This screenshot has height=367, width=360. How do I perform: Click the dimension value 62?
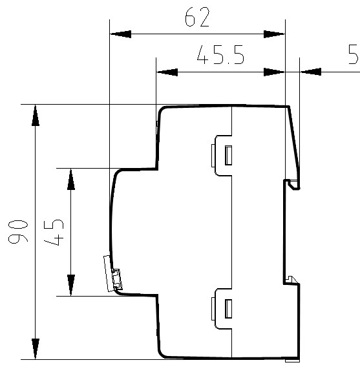(x=197, y=17)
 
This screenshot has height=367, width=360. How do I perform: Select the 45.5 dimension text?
(x=220, y=55)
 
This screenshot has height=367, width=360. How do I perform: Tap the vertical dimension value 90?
(x=18, y=231)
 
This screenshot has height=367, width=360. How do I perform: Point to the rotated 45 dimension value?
(x=54, y=233)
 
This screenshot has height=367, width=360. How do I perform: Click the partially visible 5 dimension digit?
(x=354, y=54)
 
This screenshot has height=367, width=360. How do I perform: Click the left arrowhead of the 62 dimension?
(x=120, y=34)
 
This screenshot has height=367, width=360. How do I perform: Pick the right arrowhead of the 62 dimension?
(x=274, y=34)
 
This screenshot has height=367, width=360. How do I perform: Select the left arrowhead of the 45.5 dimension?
(x=167, y=72)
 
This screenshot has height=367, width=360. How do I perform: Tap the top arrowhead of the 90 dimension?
(x=36, y=115)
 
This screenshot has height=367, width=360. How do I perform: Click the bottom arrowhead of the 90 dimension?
(x=36, y=349)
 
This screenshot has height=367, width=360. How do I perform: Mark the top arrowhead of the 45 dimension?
(x=71, y=179)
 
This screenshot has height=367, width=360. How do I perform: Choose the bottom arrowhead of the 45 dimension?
(x=71, y=285)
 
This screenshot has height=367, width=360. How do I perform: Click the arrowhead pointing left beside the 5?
(x=310, y=72)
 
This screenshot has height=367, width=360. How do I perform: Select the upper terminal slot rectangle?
(x=228, y=155)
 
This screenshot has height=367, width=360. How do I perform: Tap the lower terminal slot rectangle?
(x=228, y=309)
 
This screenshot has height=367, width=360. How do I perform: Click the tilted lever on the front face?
(x=112, y=273)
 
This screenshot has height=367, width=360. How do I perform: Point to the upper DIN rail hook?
(x=294, y=184)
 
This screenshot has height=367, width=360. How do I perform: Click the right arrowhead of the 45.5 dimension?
(x=274, y=72)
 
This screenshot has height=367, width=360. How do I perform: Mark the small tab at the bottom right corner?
(x=292, y=361)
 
